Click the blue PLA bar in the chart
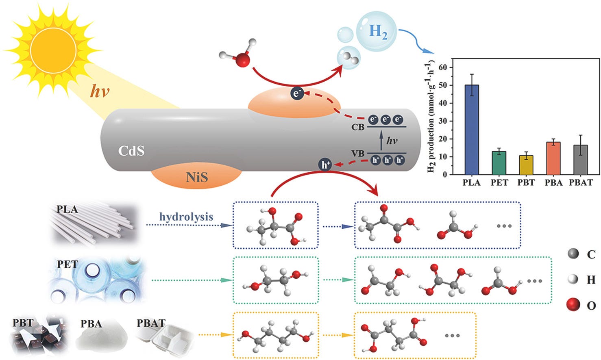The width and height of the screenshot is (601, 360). pos(472,130)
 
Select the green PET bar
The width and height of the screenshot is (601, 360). pos(499,163)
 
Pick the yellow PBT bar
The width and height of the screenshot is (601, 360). pos(526,165)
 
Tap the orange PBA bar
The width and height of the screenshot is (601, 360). pos(553,158)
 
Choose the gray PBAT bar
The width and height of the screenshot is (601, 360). pos(581,160)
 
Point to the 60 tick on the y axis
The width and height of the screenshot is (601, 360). pos(443,67)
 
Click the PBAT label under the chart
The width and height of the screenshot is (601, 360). pos(581,182)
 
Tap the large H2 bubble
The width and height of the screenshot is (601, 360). pos(376,31)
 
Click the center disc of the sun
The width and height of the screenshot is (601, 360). pos(53,50)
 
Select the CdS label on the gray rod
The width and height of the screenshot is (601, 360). pos(131,151)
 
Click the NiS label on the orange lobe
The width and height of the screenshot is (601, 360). pos(197,177)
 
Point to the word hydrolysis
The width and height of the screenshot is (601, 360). pos(186,217)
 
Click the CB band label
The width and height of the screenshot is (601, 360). pos(358,127)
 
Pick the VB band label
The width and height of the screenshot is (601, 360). pos(358,154)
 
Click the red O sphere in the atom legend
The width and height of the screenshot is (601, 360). pos(573,305)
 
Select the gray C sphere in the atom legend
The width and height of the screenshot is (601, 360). pos(573,253)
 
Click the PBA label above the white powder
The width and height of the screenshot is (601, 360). pos(91,324)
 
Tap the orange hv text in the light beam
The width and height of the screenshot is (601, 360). pos(100,91)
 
